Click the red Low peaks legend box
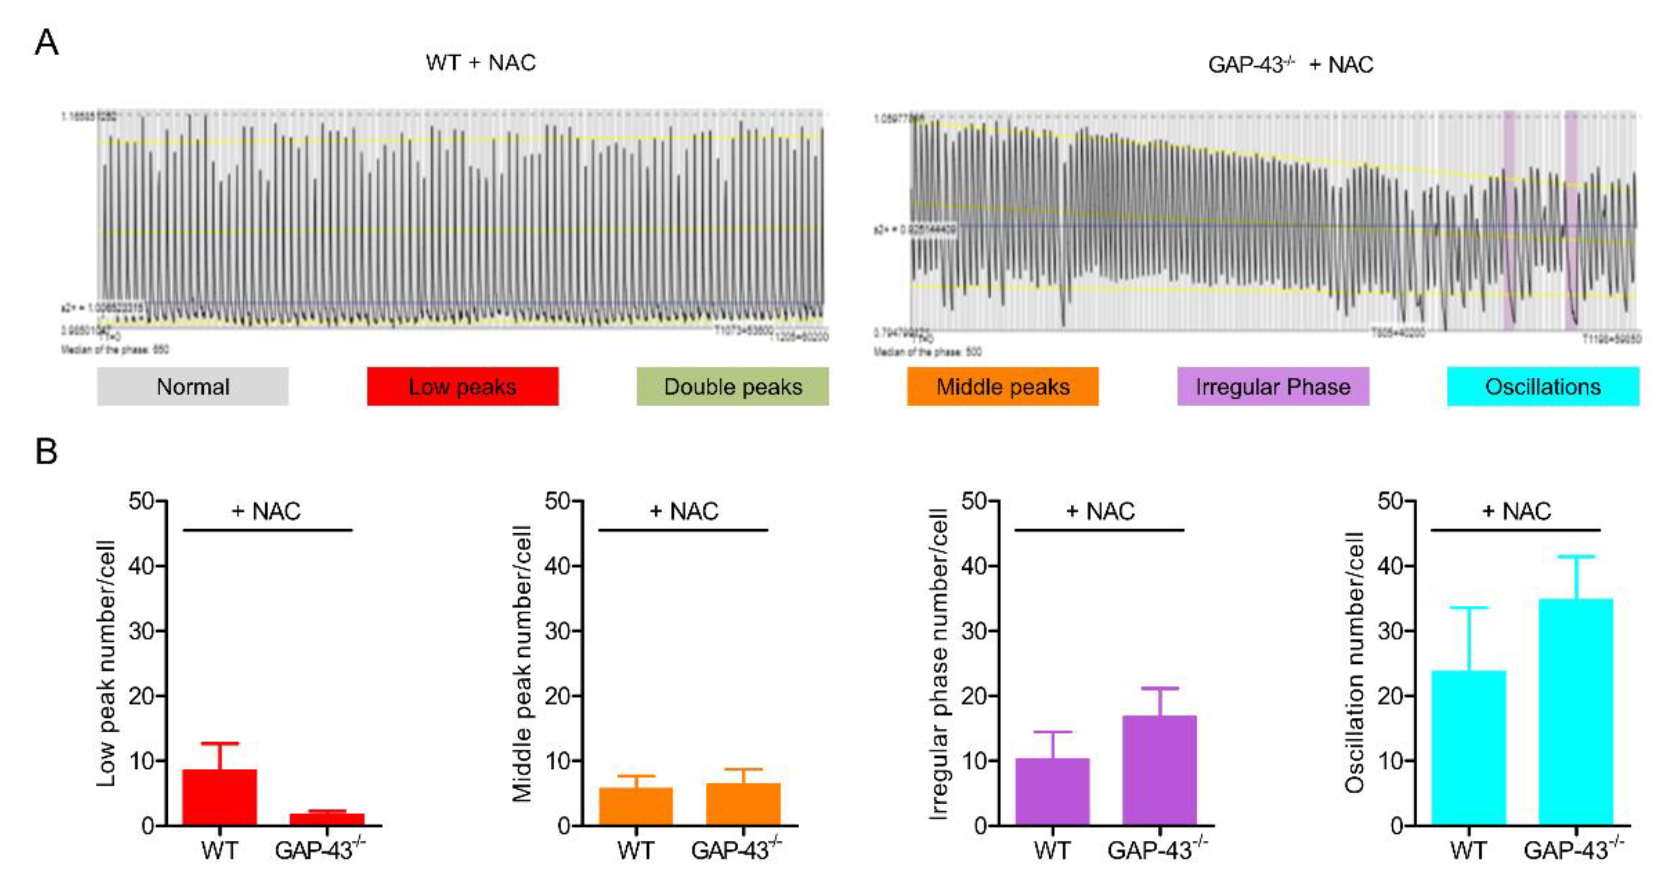462,387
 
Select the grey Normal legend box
193,387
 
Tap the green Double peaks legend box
732,387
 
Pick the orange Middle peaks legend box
1002,387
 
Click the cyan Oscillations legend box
1543,387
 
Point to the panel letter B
46,451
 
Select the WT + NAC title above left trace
481,63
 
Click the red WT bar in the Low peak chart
219,798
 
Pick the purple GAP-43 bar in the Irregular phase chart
1159,771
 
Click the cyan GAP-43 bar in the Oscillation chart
1575,713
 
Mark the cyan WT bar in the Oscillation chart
1468,748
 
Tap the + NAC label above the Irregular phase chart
1100,511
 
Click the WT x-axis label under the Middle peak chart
635,850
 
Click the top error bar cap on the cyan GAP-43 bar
1575,557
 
